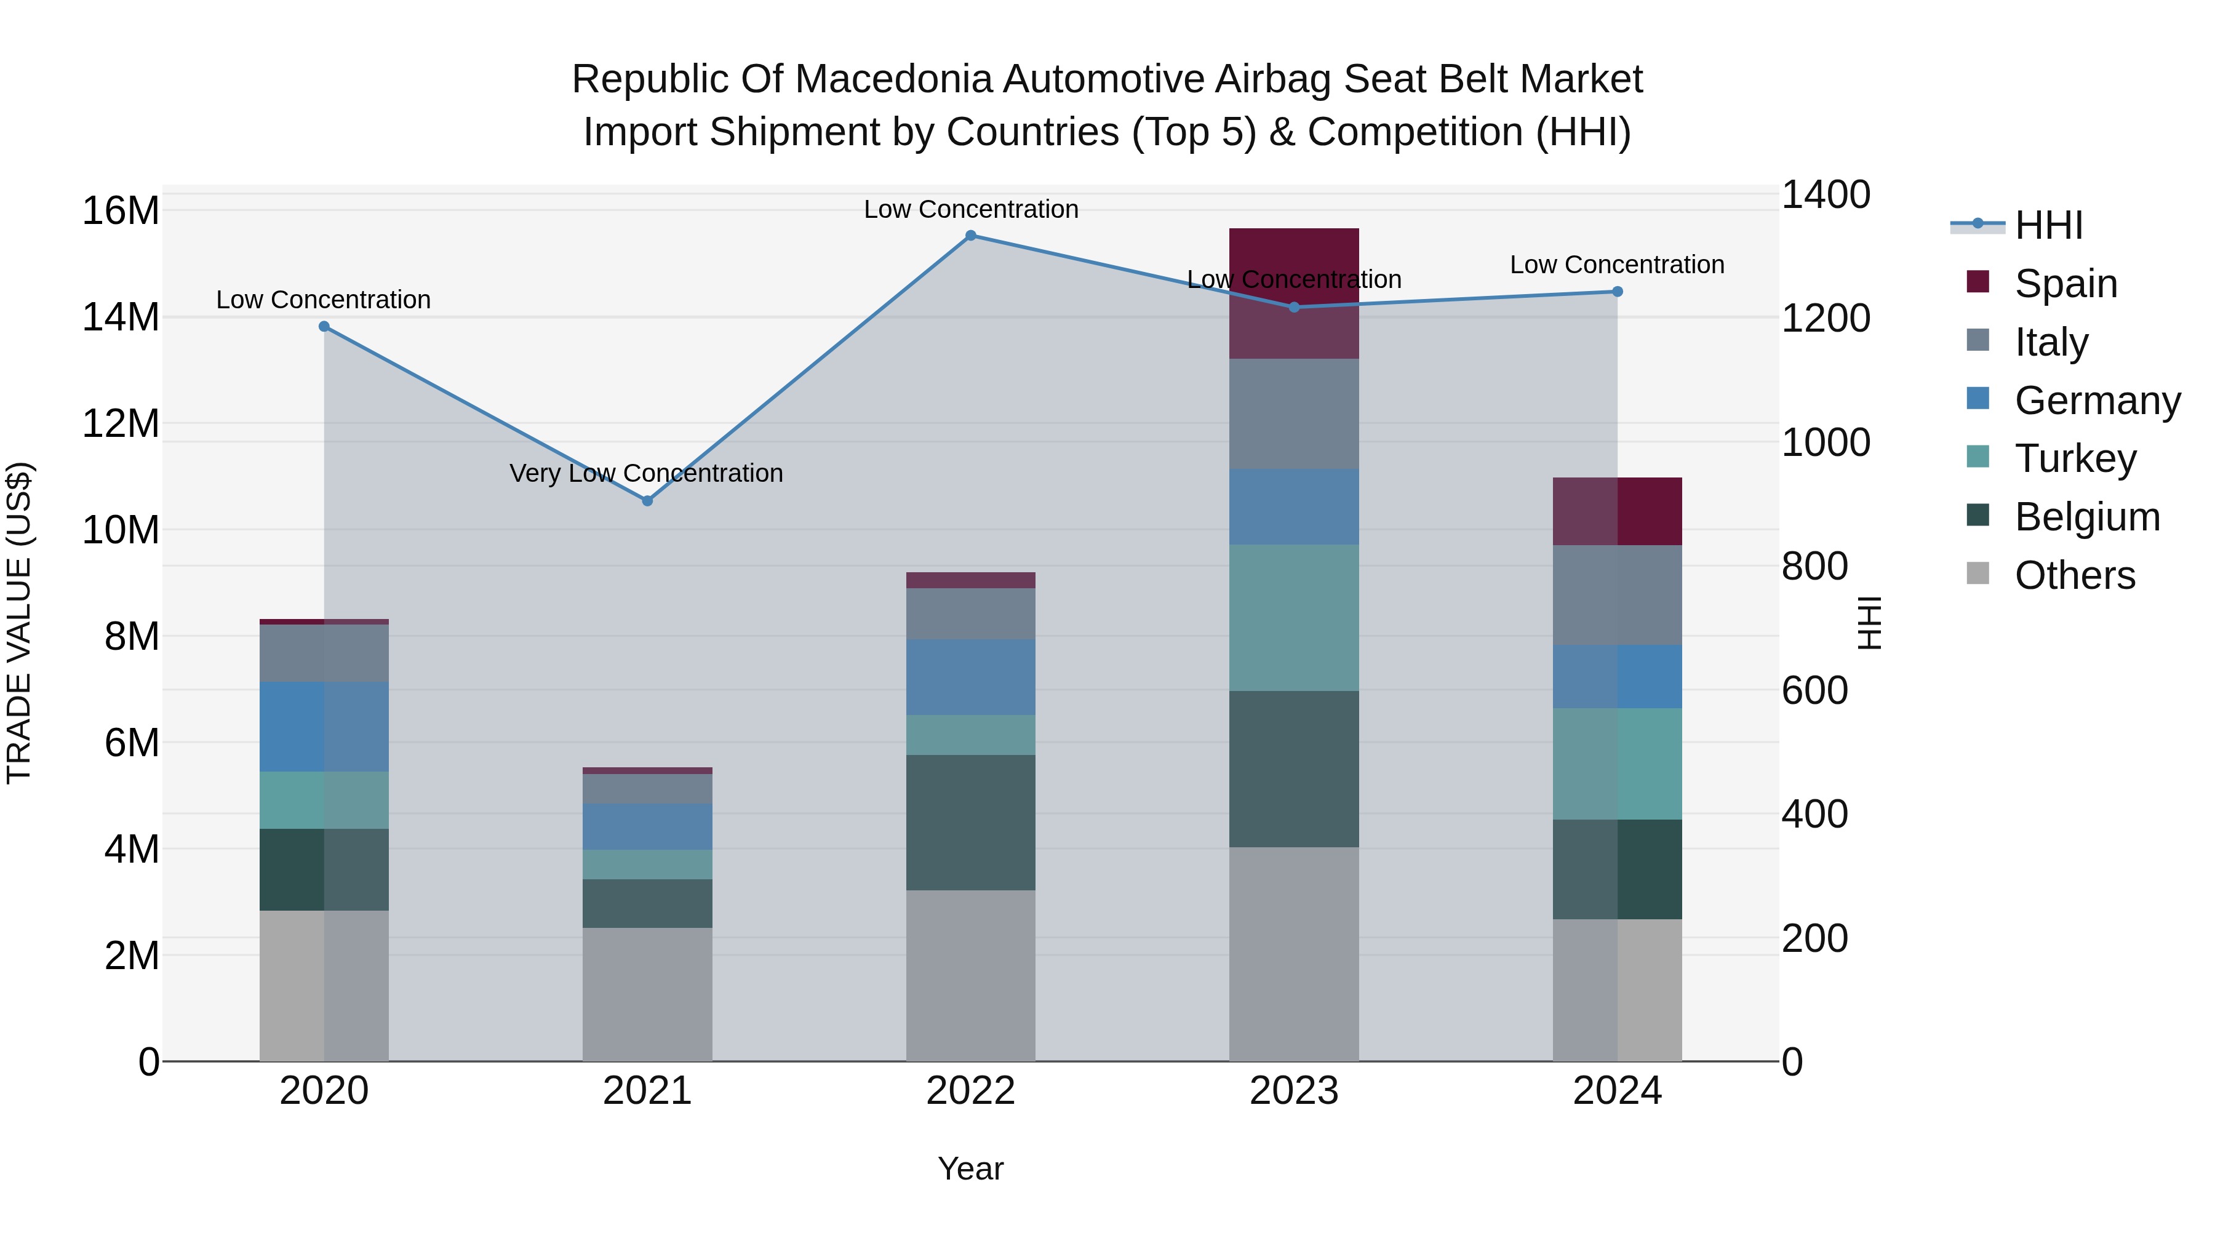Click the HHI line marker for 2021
coord(647,500)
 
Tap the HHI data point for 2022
coord(971,236)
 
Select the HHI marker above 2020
coord(324,327)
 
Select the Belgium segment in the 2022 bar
coord(971,822)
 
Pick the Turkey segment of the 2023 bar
coord(1294,617)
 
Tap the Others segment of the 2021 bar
coord(647,994)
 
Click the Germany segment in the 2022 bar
coord(971,677)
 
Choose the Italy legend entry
coord(2051,342)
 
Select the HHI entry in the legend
coord(2048,225)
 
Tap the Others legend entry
coord(2074,575)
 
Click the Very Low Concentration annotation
coord(646,473)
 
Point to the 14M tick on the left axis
coord(121,317)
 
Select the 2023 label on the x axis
coord(1294,1091)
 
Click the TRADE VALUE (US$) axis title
coord(19,623)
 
